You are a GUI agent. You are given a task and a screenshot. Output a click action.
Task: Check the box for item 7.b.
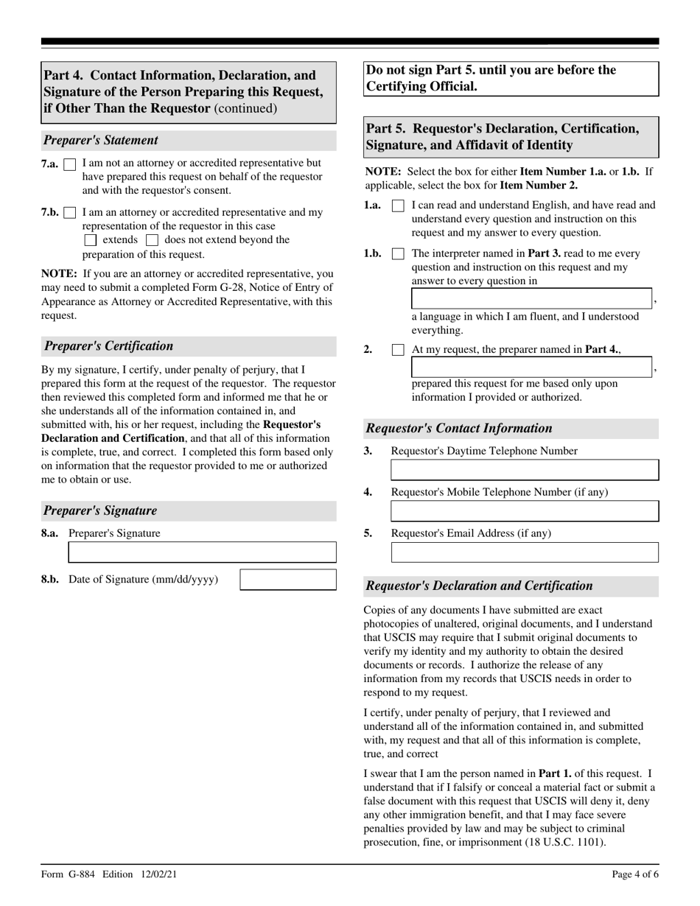tap(71, 213)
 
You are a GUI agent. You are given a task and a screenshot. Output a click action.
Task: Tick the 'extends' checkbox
tap(91, 240)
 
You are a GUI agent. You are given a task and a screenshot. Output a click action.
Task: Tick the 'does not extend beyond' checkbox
tap(153, 240)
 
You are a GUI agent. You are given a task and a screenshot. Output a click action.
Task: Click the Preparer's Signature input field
tap(202, 552)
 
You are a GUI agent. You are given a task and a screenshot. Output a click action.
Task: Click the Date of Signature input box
tap(288, 580)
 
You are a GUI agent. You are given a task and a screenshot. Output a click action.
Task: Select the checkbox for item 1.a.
tap(398, 206)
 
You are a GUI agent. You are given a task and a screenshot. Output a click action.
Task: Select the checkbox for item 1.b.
tap(398, 254)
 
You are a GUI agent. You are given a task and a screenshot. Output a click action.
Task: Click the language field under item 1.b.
tap(531, 298)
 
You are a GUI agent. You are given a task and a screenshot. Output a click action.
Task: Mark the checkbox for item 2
tap(398, 350)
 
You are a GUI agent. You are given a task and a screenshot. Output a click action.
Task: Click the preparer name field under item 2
tap(531, 367)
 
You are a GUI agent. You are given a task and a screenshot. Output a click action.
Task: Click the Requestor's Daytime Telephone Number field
tap(524, 471)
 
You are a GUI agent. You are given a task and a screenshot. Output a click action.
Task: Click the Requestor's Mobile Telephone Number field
tap(524, 511)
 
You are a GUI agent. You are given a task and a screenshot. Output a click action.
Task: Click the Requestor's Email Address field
tap(524, 552)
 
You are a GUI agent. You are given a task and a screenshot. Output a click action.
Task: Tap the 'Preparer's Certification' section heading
tap(109, 346)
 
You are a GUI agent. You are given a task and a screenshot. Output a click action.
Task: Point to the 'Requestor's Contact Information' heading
tap(459, 429)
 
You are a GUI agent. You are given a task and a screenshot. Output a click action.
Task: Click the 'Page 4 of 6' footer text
tap(635, 875)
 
